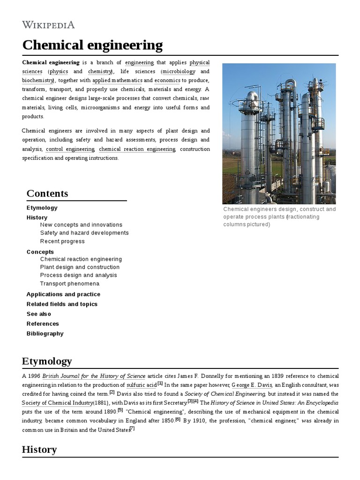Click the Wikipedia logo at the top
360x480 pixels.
click(48, 25)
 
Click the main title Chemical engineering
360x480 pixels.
click(92, 45)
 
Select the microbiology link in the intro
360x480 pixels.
click(179, 72)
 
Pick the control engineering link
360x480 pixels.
click(70, 149)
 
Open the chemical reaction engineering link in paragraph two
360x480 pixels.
click(137, 149)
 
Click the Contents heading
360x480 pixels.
click(47, 194)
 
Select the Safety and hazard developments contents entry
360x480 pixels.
click(84, 233)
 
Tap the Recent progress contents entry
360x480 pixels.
click(62, 241)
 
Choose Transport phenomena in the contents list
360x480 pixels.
click(70, 284)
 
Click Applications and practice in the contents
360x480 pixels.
click(63, 294)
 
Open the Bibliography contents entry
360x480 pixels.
click(45, 334)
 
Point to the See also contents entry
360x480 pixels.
click(39, 314)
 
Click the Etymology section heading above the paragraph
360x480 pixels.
click(47, 361)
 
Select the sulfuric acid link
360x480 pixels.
click(142, 385)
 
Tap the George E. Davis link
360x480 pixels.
click(252, 385)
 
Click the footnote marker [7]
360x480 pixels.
click(132, 429)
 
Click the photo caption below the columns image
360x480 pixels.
click(279, 217)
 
